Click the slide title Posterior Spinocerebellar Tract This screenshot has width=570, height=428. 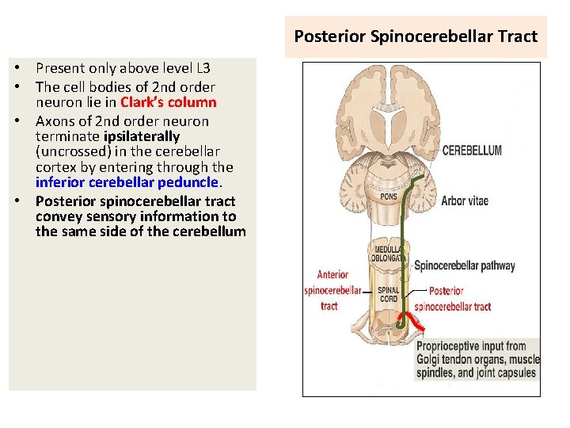click(x=416, y=36)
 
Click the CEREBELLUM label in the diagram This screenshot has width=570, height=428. click(x=471, y=151)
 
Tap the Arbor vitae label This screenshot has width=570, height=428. click(x=464, y=201)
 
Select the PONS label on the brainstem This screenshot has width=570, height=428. click(x=388, y=196)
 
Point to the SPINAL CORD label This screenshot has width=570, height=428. click(x=388, y=295)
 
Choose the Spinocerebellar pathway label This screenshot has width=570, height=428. click(x=464, y=266)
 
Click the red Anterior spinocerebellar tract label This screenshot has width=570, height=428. click(x=332, y=290)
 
